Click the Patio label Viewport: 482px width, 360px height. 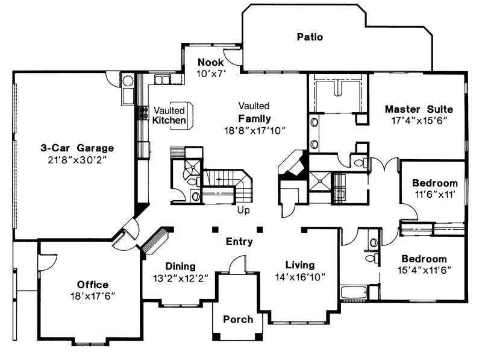[x=310, y=37]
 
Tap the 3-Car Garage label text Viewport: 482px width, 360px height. [x=77, y=148]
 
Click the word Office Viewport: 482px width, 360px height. [x=92, y=285]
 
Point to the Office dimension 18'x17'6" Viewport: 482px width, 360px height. [x=92, y=295]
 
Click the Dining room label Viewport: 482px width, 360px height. [x=180, y=266]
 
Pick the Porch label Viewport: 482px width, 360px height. [x=238, y=319]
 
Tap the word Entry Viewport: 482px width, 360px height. [x=239, y=242]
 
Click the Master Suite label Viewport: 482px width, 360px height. [x=419, y=109]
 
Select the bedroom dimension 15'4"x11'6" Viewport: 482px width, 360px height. [x=425, y=269]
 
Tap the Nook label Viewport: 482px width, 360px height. [x=211, y=62]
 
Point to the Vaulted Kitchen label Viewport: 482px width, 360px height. [x=169, y=115]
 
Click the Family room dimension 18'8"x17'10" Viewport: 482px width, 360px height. [x=254, y=130]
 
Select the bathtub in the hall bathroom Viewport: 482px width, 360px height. [x=354, y=293]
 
